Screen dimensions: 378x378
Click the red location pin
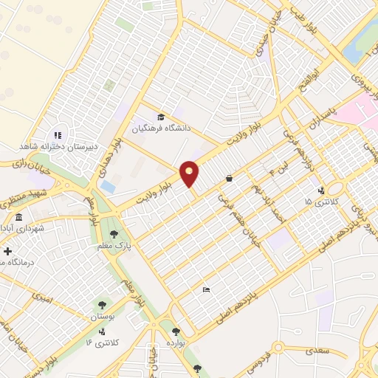click(190, 173)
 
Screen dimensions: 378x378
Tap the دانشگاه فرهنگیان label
click(162, 128)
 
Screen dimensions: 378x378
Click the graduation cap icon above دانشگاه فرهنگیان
click(161, 116)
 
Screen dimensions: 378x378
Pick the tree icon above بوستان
click(102, 303)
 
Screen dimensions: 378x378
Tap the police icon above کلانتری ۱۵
click(319, 188)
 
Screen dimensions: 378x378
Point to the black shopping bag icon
click(230, 178)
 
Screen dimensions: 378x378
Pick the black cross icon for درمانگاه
click(7, 252)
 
